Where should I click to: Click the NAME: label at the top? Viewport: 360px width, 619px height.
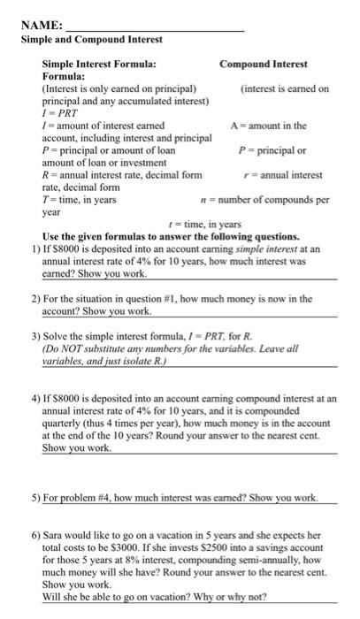click(x=40, y=27)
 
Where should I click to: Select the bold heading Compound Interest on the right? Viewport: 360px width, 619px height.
click(x=263, y=65)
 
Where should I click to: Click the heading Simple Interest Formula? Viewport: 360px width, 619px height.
click(x=99, y=65)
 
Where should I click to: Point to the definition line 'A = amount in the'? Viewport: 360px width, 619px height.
click(x=270, y=126)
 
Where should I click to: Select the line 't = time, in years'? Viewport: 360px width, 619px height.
click(x=203, y=225)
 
